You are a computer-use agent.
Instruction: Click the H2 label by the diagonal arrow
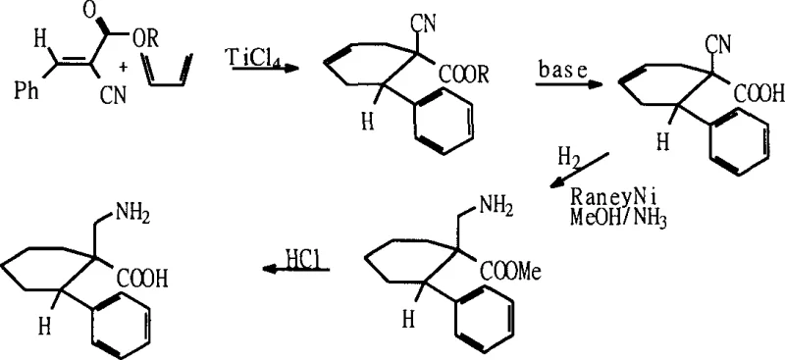[x=568, y=157]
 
